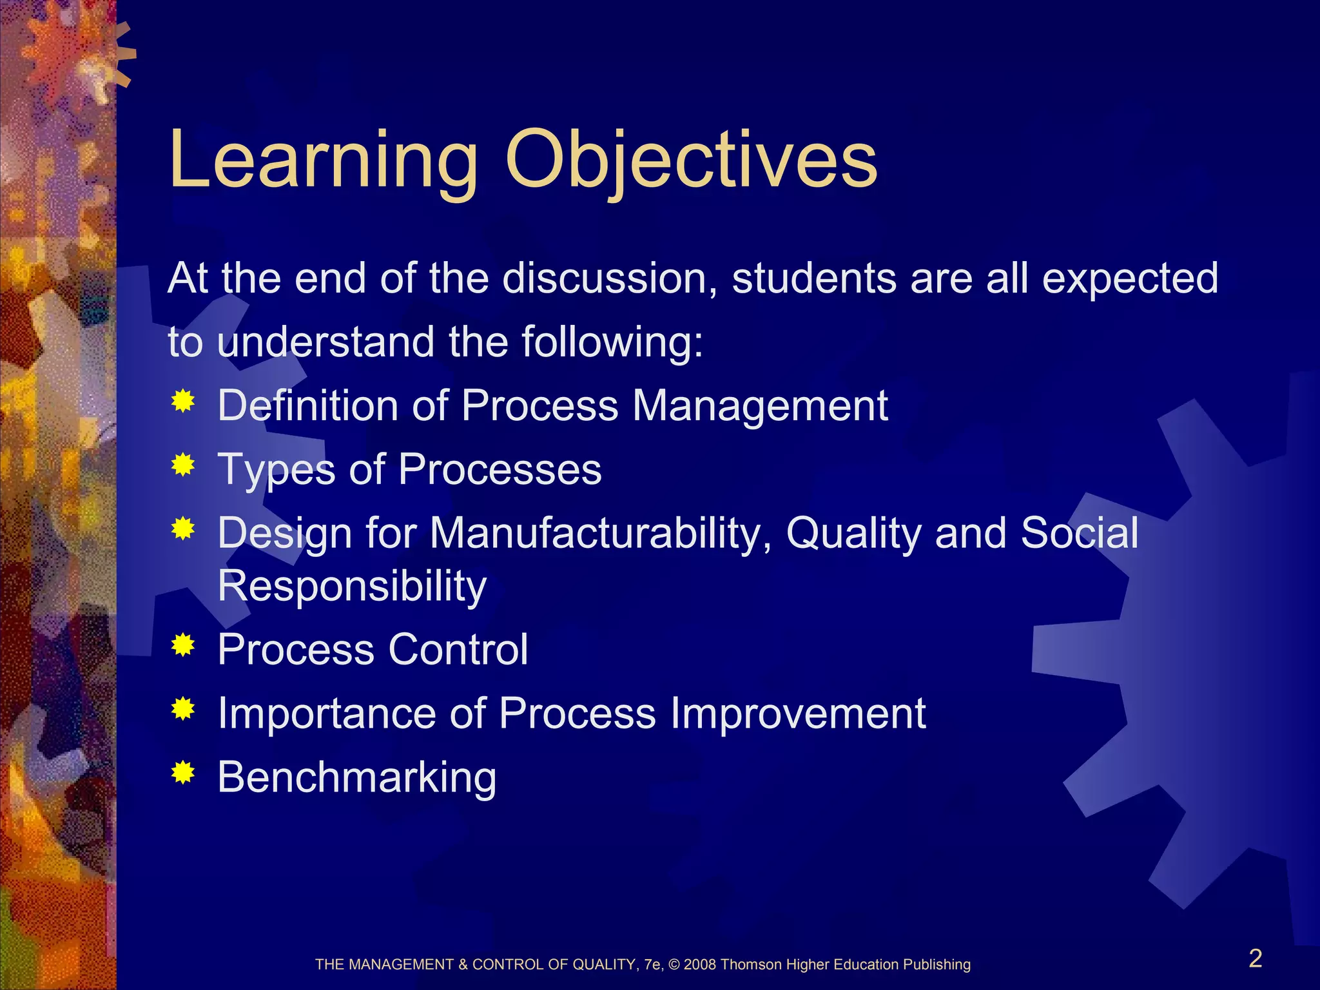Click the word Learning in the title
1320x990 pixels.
pos(322,161)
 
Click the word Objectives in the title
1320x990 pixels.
pos(690,161)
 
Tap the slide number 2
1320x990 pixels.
pos(1255,958)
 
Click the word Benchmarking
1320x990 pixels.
pos(356,777)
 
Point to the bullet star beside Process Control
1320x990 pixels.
pos(184,645)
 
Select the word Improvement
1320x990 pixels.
pos(797,713)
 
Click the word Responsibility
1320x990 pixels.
pos(352,587)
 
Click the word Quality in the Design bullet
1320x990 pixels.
pos(853,534)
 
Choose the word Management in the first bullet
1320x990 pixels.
pos(760,406)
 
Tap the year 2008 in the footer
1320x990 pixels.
pos(700,965)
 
